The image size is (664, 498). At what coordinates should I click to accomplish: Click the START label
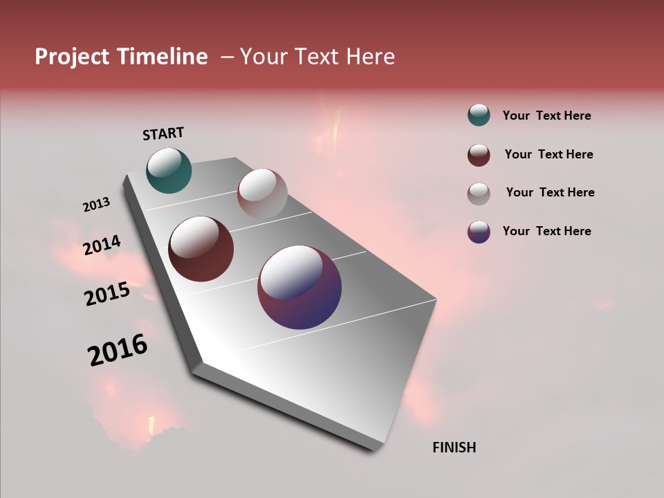[x=163, y=133]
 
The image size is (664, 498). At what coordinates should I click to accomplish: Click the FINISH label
[x=454, y=448]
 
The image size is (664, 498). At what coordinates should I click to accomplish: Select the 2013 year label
[x=96, y=205]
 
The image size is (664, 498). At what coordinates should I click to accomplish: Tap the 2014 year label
[x=102, y=246]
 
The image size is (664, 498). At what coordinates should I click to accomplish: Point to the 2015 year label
[x=107, y=294]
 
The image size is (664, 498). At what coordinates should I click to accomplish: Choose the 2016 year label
[x=118, y=350]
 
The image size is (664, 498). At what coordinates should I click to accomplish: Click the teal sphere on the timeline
[x=169, y=170]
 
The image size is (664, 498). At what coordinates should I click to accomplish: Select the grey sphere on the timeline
[x=262, y=194]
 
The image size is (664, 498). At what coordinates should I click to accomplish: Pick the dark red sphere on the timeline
[x=201, y=249]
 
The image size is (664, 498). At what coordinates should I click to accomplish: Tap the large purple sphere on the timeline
[x=299, y=287]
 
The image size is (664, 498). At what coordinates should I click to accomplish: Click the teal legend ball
[x=479, y=116]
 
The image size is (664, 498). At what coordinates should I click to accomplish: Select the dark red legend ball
[x=479, y=155]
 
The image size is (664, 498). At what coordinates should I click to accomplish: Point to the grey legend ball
[x=479, y=193]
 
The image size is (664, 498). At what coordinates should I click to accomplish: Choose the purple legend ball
[x=479, y=232]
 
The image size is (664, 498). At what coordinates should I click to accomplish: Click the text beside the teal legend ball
[x=546, y=116]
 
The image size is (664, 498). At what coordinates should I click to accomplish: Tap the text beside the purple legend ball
[x=546, y=231]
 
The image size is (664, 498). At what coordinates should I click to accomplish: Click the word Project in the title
[x=72, y=57]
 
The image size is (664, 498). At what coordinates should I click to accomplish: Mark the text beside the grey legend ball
[x=550, y=192]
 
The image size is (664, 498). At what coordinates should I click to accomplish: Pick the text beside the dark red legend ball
[x=548, y=154]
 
